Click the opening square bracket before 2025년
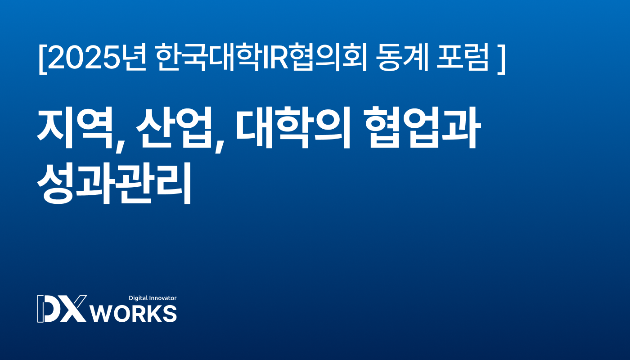[x=43, y=59]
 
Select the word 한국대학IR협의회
[x=261, y=58]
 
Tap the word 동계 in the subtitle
[x=402, y=58]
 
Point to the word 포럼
[x=463, y=58]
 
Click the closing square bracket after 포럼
[x=501, y=59]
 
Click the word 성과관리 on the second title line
[x=114, y=183]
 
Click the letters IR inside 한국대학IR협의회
[x=275, y=58]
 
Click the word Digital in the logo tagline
[x=138, y=298]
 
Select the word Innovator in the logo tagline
[x=163, y=298]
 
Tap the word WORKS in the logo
[x=134, y=314]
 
